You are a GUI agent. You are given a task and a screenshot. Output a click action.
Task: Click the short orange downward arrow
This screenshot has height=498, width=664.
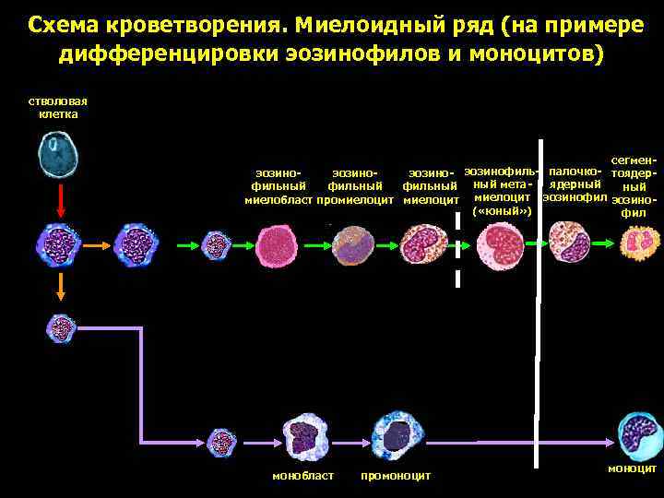[60, 287]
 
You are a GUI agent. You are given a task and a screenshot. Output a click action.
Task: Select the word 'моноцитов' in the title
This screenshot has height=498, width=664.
[539, 53]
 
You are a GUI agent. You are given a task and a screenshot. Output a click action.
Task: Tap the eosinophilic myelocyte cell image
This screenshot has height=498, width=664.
[426, 246]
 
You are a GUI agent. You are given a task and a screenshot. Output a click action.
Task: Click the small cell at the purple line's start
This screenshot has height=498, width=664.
[62, 326]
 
